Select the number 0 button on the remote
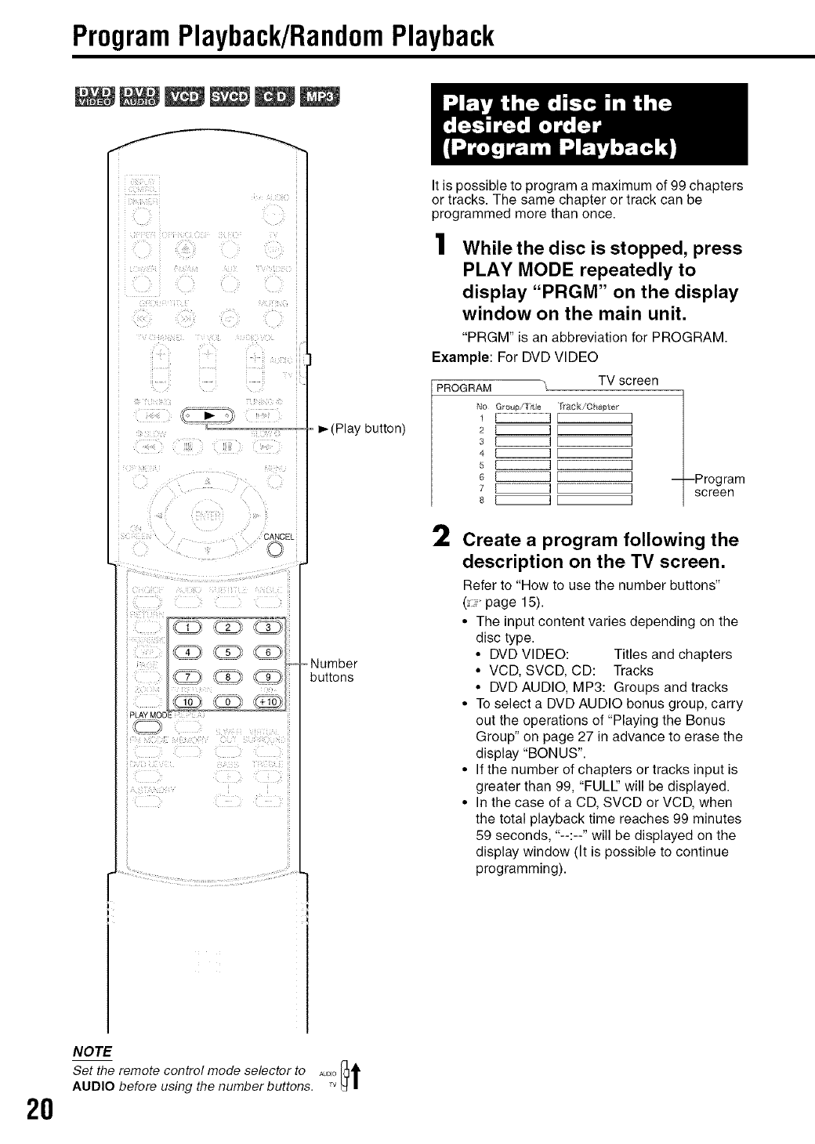pyautogui.click(x=227, y=701)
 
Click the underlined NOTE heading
pyautogui.click(x=92, y=1051)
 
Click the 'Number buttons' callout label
pyautogui.click(x=334, y=670)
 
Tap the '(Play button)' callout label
pyautogui.click(x=367, y=428)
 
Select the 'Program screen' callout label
pyautogui.click(x=719, y=486)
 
